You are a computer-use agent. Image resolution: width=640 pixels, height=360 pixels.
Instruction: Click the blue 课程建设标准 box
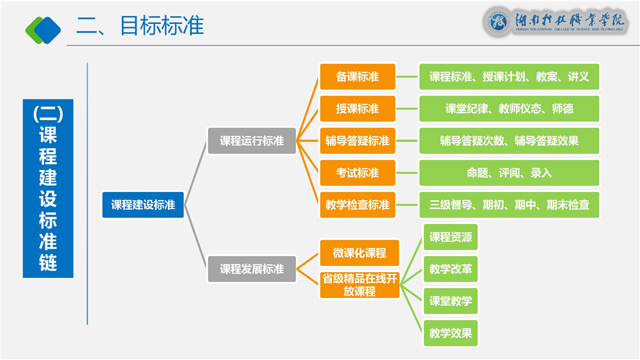[x=143, y=205]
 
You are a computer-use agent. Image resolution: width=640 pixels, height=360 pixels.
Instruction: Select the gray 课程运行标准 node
[x=252, y=141]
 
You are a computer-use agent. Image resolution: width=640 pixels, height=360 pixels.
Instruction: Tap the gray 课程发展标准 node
[x=252, y=269]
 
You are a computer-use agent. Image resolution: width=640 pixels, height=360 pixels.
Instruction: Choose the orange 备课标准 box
[x=357, y=77]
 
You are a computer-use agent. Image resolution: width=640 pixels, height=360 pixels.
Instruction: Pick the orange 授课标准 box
[x=357, y=109]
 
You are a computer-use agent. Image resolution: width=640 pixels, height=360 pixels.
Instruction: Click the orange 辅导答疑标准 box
[x=357, y=141]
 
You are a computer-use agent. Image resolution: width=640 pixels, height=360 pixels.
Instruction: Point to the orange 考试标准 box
[x=357, y=173]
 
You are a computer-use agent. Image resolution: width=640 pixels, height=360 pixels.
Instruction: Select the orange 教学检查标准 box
[x=357, y=205]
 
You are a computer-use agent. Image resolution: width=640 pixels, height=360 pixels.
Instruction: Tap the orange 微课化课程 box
[x=359, y=253]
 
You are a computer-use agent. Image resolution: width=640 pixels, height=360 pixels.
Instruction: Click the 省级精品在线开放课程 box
[x=359, y=285]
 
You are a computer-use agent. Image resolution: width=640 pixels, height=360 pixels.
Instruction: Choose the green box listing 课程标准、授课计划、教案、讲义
[x=509, y=77]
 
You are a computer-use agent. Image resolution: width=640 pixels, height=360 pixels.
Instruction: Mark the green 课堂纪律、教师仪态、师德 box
[x=509, y=109]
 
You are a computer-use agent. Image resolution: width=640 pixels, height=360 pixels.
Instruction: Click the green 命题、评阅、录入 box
[x=509, y=173]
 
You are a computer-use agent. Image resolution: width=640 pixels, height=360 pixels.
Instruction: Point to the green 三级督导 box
[x=509, y=205]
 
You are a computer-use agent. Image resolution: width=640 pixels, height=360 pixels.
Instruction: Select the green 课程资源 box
[x=451, y=237]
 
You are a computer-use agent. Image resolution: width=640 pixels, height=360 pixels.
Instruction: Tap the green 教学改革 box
[x=451, y=269]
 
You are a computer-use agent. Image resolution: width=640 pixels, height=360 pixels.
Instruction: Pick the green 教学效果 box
[x=451, y=333]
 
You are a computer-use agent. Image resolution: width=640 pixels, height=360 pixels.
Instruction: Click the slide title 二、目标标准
[x=140, y=25]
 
